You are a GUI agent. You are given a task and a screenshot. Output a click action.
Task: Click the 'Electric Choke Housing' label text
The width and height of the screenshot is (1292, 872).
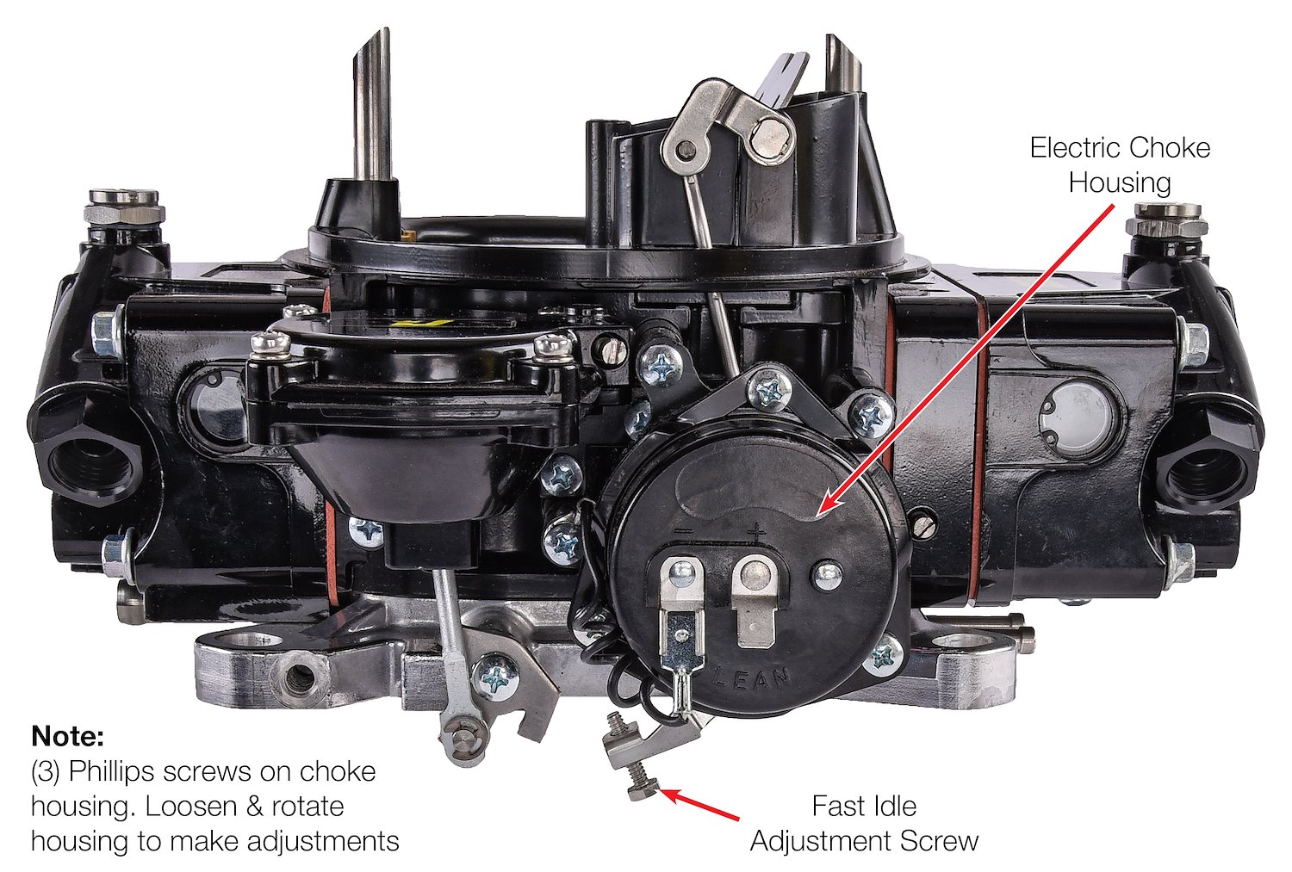pyautogui.click(x=1120, y=165)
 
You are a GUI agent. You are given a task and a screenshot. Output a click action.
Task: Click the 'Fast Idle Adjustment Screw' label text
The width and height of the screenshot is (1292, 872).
pyautogui.click(x=864, y=823)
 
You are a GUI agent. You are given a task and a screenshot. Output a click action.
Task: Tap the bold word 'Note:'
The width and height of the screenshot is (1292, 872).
pyautogui.click(x=67, y=736)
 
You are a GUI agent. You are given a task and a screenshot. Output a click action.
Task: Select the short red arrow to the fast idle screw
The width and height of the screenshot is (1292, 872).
pyautogui.click(x=699, y=803)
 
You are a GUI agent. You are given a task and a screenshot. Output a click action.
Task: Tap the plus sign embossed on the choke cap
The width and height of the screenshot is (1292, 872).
pyautogui.click(x=756, y=532)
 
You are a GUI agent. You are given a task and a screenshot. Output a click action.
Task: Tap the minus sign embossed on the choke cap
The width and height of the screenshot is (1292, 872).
pyautogui.click(x=684, y=531)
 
